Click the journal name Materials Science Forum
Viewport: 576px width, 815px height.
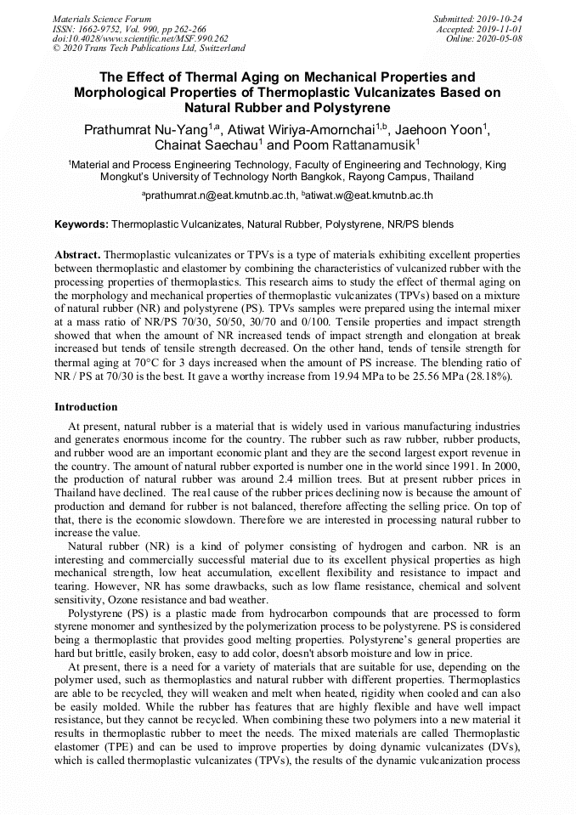click(x=102, y=18)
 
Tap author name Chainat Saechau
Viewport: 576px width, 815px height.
click(x=204, y=145)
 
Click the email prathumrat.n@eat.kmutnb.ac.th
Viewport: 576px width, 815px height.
click(x=217, y=195)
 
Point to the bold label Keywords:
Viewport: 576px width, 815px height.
click(x=82, y=224)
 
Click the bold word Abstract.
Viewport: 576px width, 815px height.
click(x=78, y=255)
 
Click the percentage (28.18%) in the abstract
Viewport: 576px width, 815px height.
click(x=488, y=376)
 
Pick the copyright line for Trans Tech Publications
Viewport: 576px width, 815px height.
click(x=149, y=48)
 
